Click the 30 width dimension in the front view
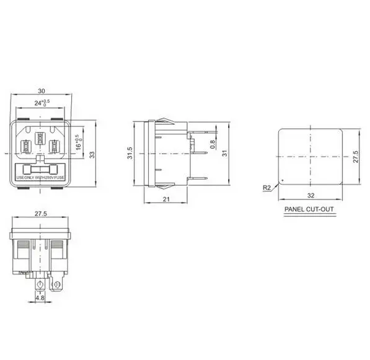(41, 89)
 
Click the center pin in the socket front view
(41, 138)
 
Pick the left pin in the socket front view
(27, 147)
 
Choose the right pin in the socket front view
(55, 147)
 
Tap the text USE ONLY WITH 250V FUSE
(41, 178)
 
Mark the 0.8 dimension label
(211, 146)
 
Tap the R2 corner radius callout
(266, 187)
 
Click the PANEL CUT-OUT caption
(309, 209)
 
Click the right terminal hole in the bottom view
(57, 285)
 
